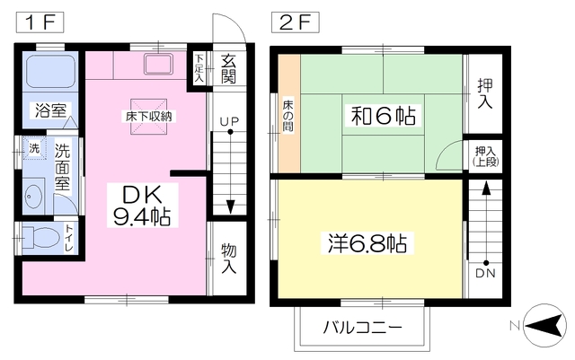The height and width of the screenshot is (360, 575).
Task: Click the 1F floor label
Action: [x=40, y=22]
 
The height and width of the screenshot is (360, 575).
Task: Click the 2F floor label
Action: [x=295, y=22]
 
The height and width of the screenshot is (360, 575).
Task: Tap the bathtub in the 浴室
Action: [x=50, y=71]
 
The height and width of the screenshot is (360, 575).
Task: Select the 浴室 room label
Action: [x=50, y=110]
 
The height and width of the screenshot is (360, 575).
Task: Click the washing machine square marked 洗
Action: [x=35, y=148]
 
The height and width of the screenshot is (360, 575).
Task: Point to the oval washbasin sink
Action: [x=33, y=196]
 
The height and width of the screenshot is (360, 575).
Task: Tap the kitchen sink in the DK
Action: [x=158, y=64]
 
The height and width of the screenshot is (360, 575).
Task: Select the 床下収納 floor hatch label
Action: [x=148, y=116]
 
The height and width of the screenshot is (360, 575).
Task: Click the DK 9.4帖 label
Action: [x=142, y=206]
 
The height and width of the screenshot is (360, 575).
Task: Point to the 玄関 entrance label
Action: [x=228, y=69]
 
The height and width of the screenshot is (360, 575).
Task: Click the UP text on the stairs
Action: [x=230, y=121]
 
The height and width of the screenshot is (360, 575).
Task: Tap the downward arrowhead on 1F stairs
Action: [x=230, y=206]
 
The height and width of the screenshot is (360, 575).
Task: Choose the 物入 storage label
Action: [x=229, y=259]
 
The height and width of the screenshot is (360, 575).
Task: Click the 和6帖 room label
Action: [x=384, y=116]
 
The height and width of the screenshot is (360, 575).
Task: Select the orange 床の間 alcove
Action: [x=289, y=113]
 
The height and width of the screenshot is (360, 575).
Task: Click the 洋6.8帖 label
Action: [x=367, y=243]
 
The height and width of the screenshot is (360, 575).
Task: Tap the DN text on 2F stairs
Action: [x=485, y=273]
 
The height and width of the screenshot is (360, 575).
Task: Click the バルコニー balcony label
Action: [x=362, y=327]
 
